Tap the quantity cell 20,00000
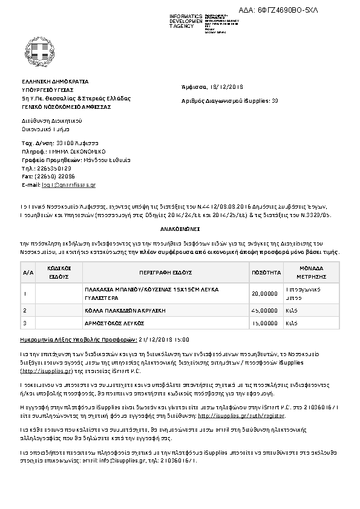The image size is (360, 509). coord(264,294)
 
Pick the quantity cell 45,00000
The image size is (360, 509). coord(264,310)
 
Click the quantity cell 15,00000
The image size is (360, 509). coord(264,323)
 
